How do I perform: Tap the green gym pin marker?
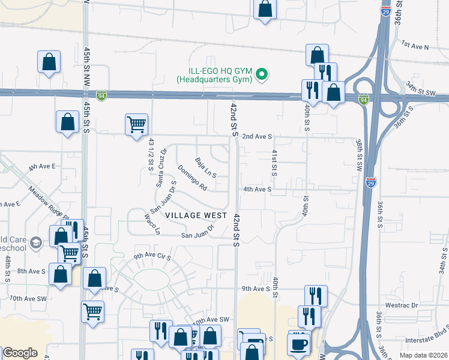tap(261, 75)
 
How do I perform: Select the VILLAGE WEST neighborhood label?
tap(196, 215)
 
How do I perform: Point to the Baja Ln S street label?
tap(205, 168)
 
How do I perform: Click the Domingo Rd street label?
tap(191, 178)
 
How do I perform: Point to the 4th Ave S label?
tap(258, 189)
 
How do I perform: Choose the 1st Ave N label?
tap(415, 45)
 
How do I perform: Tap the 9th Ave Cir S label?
tap(152, 256)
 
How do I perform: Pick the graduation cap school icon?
tap(35, 242)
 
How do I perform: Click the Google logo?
tap(20, 353)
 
